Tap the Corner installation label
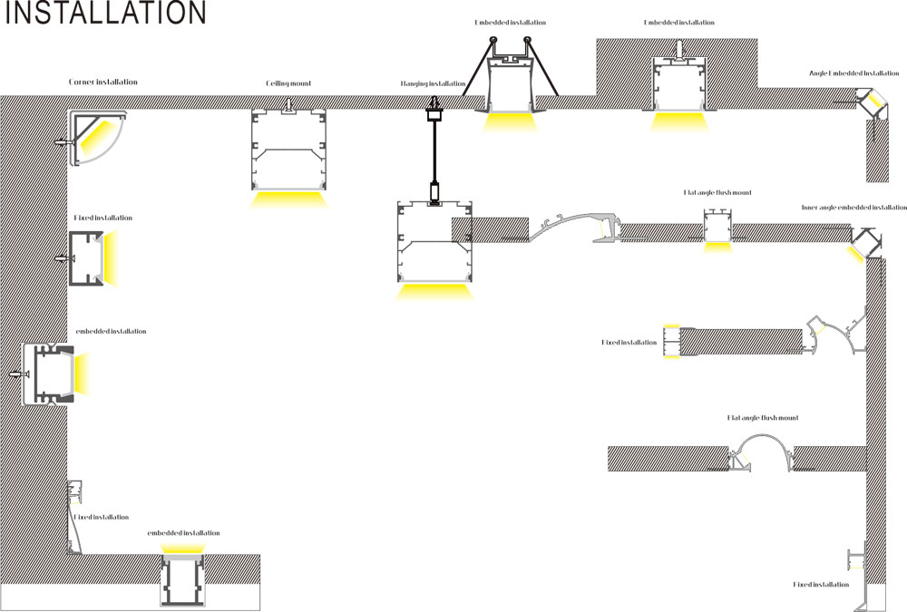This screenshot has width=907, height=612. click(103, 82)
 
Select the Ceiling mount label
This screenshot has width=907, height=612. click(288, 83)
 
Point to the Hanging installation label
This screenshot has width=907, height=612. click(433, 83)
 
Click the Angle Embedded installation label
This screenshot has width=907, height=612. click(853, 73)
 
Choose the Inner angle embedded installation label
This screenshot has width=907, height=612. click(853, 208)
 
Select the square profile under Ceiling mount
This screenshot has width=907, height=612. click(288, 150)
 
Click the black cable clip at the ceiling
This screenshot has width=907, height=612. click(434, 114)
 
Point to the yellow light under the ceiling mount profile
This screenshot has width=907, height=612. click(288, 200)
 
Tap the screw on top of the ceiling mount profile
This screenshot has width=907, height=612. click(288, 107)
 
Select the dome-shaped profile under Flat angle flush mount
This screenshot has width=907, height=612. click(760, 450)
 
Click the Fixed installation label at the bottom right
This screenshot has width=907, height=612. click(820, 585)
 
